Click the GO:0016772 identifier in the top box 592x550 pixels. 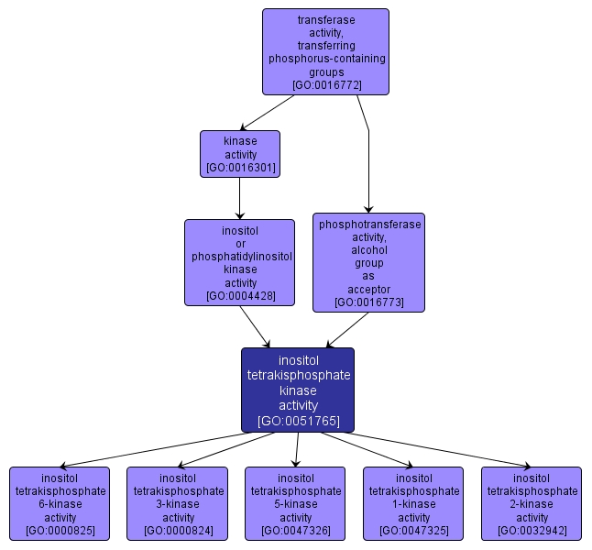(326, 85)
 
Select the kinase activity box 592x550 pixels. (240, 154)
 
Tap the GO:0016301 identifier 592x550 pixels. (240, 169)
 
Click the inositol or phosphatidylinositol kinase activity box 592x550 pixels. (240, 262)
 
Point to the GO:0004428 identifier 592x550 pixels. (240, 296)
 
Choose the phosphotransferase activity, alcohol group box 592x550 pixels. (368, 262)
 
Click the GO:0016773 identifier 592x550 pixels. (368, 302)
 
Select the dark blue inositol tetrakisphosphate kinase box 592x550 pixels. (298, 390)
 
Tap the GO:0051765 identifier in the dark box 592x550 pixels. (298, 422)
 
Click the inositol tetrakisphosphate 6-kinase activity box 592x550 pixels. (60, 503)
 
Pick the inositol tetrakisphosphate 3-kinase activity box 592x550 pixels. (178, 503)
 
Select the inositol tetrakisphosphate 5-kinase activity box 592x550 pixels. (295, 503)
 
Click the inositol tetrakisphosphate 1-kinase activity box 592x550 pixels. (413, 503)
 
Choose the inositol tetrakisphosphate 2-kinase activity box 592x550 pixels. (532, 503)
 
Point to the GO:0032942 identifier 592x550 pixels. (532, 531)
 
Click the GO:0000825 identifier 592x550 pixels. (60, 531)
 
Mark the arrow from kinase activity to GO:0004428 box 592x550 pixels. (240, 198)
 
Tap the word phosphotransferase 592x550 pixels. (368, 224)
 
